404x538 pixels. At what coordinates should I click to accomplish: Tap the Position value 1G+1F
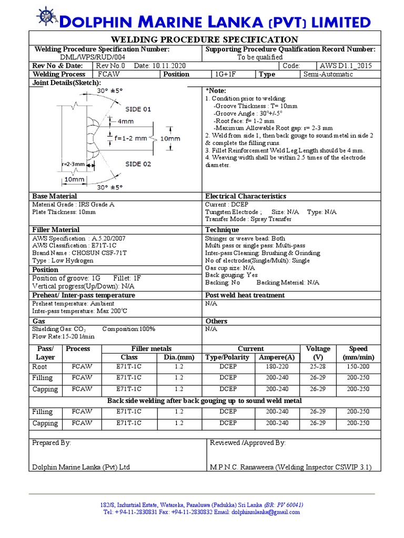227,75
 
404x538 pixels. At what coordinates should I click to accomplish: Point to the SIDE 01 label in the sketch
138,109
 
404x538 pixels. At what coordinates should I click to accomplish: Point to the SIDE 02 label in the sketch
138,164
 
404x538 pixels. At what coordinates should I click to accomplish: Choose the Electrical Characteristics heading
246,196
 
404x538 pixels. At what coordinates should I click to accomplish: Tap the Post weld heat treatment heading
245,295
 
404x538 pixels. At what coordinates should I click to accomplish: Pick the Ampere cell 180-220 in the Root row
277,367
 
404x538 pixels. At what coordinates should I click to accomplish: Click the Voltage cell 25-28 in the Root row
318,367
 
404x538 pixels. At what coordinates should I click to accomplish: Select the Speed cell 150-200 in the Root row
358,367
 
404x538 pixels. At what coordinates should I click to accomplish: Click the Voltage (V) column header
318,353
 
